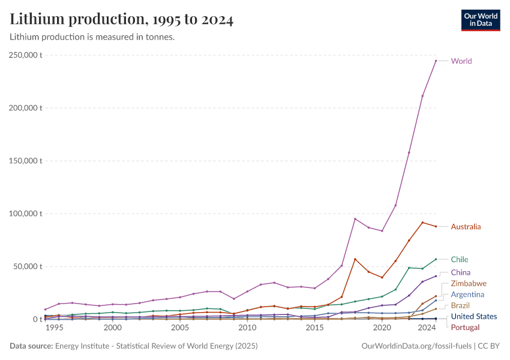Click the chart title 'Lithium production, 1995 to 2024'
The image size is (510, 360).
click(x=122, y=20)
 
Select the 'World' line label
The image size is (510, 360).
click(x=461, y=61)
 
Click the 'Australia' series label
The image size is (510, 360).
click(x=466, y=227)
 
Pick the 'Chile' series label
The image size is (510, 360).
click(x=460, y=260)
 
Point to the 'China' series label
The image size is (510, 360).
click(x=461, y=272)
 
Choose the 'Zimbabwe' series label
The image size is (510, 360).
click(x=469, y=283)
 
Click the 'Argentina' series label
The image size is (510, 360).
click(x=467, y=295)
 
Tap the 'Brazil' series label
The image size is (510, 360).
click(x=460, y=305)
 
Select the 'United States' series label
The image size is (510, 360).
click(x=473, y=317)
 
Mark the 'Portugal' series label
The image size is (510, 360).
click(x=465, y=327)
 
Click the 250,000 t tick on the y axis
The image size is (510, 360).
click(x=26, y=55)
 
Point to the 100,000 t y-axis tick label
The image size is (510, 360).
click(x=26, y=214)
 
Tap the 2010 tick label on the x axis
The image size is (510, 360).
click(x=247, y=328)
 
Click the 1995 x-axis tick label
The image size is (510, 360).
click(x=54, y=328)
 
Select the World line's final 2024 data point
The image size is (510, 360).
click(x=436, y=61)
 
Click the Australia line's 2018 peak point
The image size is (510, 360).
click(x=355, y=259)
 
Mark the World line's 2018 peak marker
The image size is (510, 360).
click(x=355, y=218)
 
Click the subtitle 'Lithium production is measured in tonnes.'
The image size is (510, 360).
click(x=92, y=37)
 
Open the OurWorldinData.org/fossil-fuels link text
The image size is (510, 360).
click(x=416, y=346)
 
